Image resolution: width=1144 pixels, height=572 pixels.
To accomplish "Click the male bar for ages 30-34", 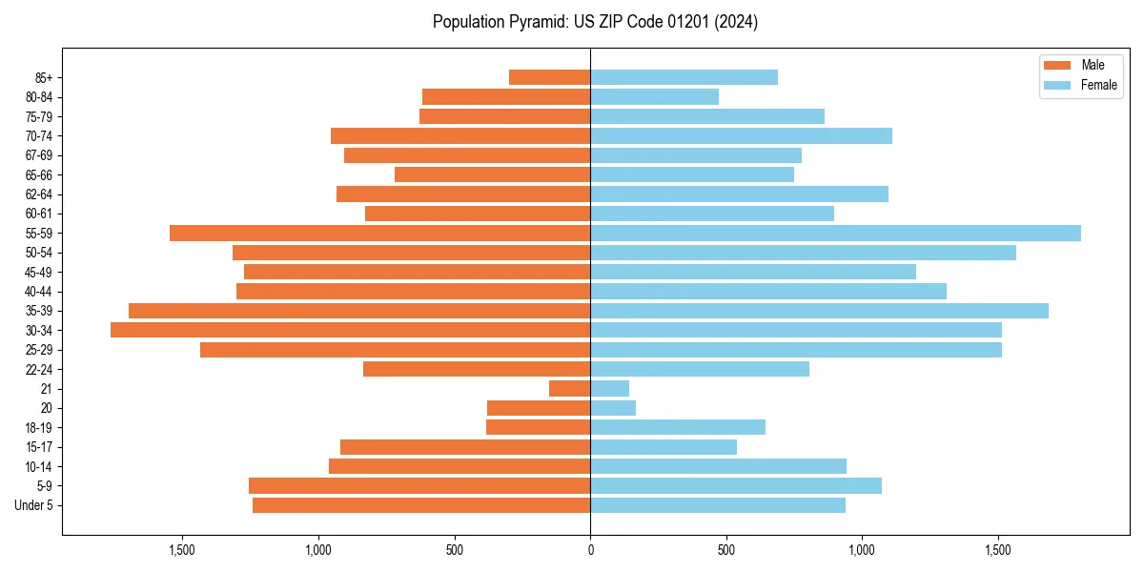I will [x=350, y=330].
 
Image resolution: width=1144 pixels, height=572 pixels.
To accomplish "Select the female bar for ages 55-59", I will [x=835, y=233].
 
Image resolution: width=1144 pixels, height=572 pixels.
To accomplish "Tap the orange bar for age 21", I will [x=569, y=388].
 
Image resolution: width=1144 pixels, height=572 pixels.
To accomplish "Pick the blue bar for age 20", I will [x=613, y=408].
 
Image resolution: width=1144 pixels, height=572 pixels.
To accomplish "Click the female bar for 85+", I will [x=684, y=77].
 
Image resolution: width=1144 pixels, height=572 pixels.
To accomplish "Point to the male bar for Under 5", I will [x=421, y=505].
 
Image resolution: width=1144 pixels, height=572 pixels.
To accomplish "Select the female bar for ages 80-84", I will [x=654, y=96].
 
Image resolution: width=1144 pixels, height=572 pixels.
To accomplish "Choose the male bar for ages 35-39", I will [x=359, y=311].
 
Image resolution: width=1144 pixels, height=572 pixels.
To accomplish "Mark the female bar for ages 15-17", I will [x=664, y=447].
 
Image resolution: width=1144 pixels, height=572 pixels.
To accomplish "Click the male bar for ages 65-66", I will [x=492, y=174].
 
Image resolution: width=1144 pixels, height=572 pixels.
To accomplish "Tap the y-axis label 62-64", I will [x=39, y=194].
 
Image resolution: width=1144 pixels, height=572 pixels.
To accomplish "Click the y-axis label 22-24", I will [x=39, y=369].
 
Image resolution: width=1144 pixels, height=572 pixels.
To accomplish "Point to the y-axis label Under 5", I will [x=33, y=505].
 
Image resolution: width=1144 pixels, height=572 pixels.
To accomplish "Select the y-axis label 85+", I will [x=44, y=77].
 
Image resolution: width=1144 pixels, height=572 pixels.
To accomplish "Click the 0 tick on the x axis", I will [x=590, y=550].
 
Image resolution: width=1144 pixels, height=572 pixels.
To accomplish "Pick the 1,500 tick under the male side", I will [x=182, y=550].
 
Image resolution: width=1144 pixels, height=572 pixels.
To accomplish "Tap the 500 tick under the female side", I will [x=726, y=550].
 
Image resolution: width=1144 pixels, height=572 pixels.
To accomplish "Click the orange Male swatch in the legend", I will [x=1057, y=65].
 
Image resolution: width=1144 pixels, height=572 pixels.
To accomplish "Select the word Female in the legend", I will [x=1098, y=85].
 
